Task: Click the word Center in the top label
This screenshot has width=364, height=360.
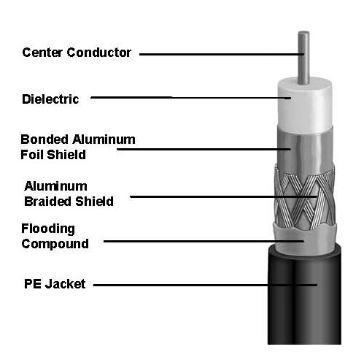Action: [42, 53]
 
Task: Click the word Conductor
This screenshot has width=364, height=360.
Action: [98, 53]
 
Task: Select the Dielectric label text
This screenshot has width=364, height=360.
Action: [50, 99]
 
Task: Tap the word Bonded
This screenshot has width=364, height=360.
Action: [44, 139]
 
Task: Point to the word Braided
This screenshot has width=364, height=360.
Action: [48, 202]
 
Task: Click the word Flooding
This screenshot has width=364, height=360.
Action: [48, 229]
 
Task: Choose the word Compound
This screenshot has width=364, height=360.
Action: [55, 244]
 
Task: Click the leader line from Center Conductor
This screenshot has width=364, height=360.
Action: [222, 54]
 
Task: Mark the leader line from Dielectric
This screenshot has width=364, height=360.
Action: [190, 98]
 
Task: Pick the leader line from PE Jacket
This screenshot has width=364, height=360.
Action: [205, 285]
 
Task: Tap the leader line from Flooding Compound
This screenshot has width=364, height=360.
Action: [204, 242]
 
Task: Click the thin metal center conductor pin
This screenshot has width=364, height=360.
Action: [304, 58]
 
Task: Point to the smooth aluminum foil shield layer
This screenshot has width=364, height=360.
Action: [305, 150]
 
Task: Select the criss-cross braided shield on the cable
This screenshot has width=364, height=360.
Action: [305, 197]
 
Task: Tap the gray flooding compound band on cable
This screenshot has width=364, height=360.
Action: [305, 240]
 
